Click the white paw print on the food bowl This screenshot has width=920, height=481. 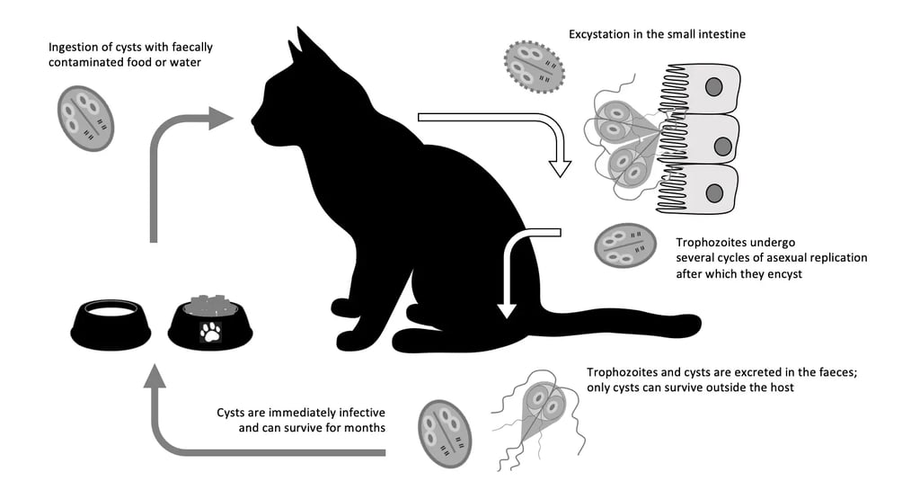(210, 332)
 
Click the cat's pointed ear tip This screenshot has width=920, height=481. (298, 28)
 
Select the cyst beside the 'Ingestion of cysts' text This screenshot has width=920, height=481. (85, 118)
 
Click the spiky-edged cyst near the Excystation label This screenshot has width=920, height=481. (534, 67)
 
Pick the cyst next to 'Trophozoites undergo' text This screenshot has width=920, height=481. (625, 245)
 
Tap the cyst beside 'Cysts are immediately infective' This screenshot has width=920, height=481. (445, 433)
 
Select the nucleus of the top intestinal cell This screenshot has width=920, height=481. (713, 87)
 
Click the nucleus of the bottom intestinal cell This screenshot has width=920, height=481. (714, 193)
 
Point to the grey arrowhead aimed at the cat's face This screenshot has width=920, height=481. (221, 118)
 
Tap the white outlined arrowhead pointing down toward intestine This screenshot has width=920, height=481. (560, 167)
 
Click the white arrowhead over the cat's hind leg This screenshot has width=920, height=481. (507, 310)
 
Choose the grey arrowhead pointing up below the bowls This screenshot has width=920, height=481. (155, 376)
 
